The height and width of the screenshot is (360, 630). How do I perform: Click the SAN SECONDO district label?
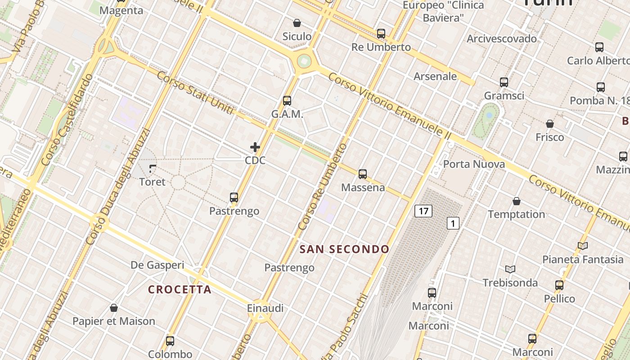pyautogui.click(x=344, y=249)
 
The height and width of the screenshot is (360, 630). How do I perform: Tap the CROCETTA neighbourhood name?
pyautogui.click(x=180, y=289)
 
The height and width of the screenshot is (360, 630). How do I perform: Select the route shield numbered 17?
pyautogui.click(x=423, y=211)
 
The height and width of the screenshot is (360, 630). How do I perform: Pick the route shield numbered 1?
pyautogui.click(x=453, y=223)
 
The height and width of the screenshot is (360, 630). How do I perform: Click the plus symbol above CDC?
pyautogui.click(x=255, y=147)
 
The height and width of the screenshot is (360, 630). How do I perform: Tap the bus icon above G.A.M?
pyautogui.click(x=287, y=101)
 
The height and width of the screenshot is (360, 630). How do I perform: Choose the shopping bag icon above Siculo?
pyautogui.click(x=297, y=22)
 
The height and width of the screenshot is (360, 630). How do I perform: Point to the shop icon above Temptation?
pyautogui.click(x=517, y=201)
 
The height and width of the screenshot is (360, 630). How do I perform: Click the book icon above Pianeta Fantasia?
pyautogui.click(x=583, y=246)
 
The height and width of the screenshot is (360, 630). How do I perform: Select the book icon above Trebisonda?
pyautogui.click(x=510, y=269)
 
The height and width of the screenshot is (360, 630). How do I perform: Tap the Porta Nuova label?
pyautogui.click(x=474, y=164)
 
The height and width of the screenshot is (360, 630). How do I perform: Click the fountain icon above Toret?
pyautogui.click(x=153, y=169)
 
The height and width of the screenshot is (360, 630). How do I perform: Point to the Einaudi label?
pyautogui.click(x=265, y=308)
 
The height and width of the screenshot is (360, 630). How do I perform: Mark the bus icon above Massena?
pyautogui.click(x=363, y=174)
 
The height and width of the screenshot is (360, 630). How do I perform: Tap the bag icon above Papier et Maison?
pyautogui.click(x=114, y=308)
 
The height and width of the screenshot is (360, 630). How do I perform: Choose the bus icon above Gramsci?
pyautogui.click(x=504, y=82)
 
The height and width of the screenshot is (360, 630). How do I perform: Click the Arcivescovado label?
pyautogui.click(x=502, y=39)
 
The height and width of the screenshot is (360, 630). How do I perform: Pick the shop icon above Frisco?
pyautogui.click(x=549, y=124)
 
